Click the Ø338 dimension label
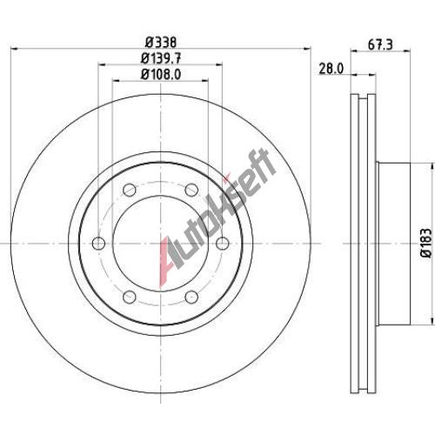click(161, 43)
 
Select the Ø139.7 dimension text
click(161, 58)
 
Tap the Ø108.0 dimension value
click(161, 74)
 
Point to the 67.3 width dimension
click(380, 45)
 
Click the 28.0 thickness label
click(331, 69)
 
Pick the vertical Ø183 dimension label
click(426, 243)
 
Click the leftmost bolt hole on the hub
click(98, 243)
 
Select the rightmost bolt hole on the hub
click(223, 243)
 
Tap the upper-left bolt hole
click(130, 190)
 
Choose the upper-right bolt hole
click(191, 190)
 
